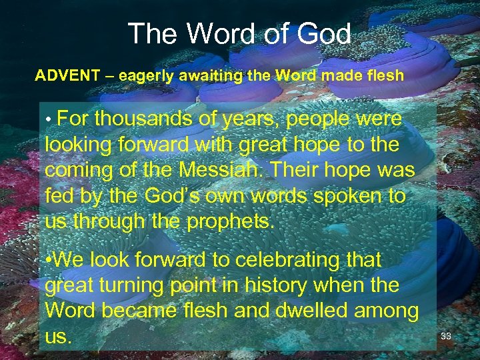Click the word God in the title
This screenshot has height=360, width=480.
tap(319, 33)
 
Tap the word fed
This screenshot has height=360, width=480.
tap(58, 195)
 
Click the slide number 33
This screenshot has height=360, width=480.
tap(446, 336)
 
